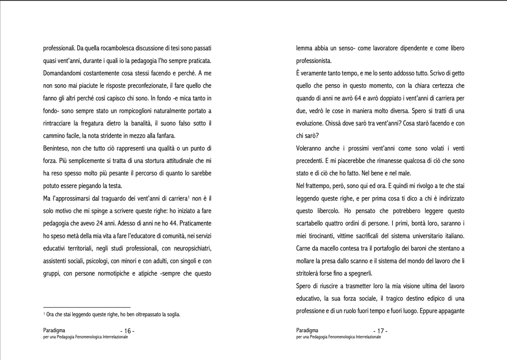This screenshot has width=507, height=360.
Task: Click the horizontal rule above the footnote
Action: point(87,307)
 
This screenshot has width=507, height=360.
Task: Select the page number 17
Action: point(380,331)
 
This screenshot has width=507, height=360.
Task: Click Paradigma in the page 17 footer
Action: point(307,330)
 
